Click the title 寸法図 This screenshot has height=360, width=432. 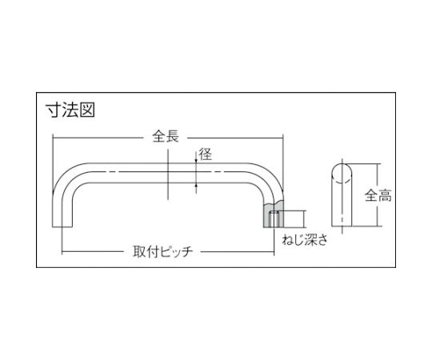70,110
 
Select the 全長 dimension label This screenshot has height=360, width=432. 166,136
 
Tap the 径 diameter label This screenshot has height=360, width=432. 206,154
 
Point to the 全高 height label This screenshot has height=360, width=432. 378,195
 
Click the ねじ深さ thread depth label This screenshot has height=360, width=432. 305,240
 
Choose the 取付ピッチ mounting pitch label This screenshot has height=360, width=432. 162,251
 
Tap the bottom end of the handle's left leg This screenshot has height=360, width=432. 62,226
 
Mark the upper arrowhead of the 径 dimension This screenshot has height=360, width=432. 196,161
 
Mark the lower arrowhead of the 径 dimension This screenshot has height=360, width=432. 196,186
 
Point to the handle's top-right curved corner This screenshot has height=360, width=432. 268,176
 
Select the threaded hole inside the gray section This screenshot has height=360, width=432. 274,219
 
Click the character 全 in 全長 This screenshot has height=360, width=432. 159,136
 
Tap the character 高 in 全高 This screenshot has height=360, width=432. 385,195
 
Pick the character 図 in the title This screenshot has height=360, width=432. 87,110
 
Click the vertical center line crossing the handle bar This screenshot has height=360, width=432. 168,174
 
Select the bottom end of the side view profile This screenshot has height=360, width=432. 342,226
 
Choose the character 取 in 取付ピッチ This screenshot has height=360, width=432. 139,251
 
